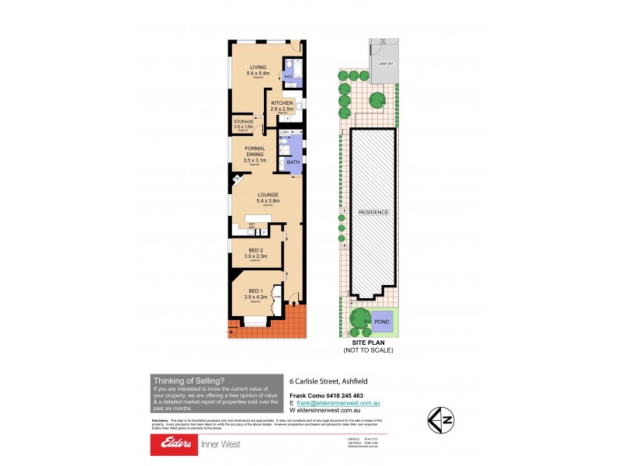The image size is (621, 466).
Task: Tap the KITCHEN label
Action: pos(282,103)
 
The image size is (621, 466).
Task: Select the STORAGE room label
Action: pos(243,122)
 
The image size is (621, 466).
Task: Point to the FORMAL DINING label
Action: pos(255,152)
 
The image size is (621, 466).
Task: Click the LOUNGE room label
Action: pos(256,195)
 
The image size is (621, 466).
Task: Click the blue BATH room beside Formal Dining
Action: pos(293,162)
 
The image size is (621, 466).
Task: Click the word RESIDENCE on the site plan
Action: pos(373,212)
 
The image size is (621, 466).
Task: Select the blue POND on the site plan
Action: pos(382,320)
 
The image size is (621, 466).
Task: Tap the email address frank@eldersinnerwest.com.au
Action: pos(338,404)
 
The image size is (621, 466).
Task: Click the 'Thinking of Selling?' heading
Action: pos(189,380)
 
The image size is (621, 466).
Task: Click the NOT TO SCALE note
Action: pos(369,351)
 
